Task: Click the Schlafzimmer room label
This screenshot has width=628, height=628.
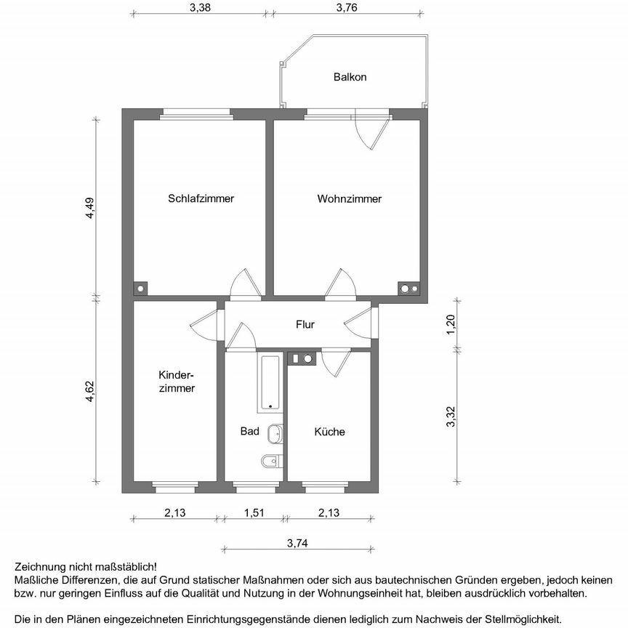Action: point(201,198)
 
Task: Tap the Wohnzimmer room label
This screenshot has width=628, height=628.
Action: point(349,198)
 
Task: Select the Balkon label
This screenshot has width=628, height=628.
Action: point(350,76)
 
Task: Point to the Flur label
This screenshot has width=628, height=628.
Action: point(305,324)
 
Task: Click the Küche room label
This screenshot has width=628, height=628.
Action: point(329,432)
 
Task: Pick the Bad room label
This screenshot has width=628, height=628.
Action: point(249,432)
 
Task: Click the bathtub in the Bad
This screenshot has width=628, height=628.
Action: point(270,382)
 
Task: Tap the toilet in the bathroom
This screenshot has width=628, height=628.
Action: point(270,460)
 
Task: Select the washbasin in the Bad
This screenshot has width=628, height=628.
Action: point(275,434)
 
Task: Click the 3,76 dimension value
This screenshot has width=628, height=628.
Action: point(347,8)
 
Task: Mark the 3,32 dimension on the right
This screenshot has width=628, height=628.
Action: point(451,416)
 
